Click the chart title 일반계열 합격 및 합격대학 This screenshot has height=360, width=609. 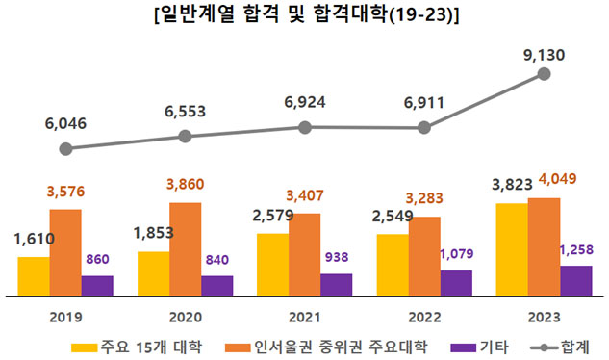(305, 16)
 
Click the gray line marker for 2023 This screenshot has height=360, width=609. (544, 73)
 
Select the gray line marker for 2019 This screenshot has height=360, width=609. (65, 149)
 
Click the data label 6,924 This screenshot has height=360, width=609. (304, 101)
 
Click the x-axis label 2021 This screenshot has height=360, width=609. (304, 317)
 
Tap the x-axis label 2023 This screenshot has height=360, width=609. (544, 317)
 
